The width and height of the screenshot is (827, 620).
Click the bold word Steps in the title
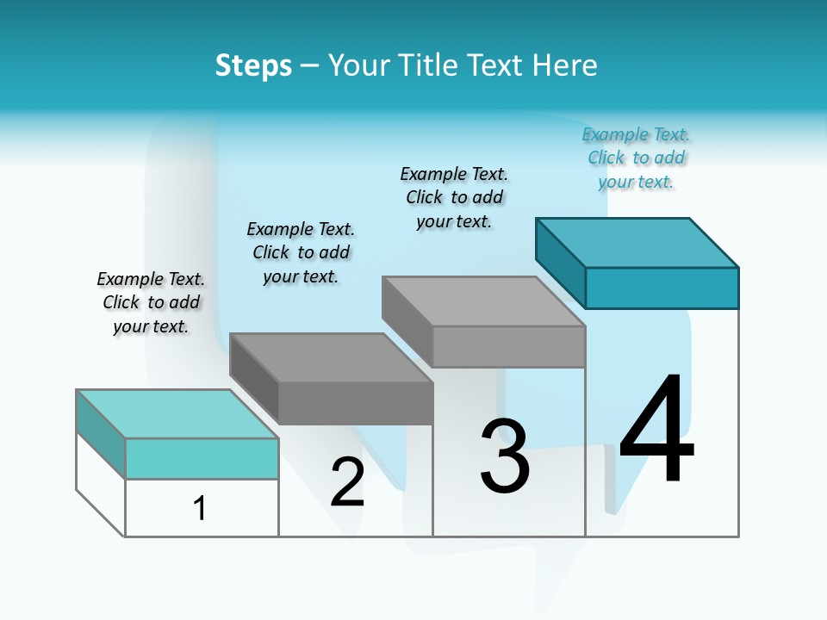pyautogui.click(x=253, y=65)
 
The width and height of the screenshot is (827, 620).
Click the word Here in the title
pyautogui.click(x=565, y=65)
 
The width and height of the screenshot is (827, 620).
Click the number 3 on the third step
pyautogui.click(x=505, y=456)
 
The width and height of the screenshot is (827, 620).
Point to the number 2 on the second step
pyautogui.click(x=347, y=482)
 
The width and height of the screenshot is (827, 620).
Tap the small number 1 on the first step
pyautogui.click(x=200, y=509)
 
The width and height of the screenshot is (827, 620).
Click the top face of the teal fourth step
pyautogui.click(x=637, y=242)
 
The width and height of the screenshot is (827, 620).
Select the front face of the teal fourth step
pyautogui.click(x=662, y=288)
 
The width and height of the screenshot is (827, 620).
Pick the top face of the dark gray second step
pyautogui.click(x=331, y=357)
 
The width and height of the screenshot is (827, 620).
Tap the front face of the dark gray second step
pyautogui.click(x=355, y=403)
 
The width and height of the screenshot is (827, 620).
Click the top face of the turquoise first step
pyautogui.click(x=177, y=413)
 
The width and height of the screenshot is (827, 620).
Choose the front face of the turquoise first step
pyautogui.click(x=202, y=458)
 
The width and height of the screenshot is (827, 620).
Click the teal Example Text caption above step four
pyautogui.click(x=637, y=158)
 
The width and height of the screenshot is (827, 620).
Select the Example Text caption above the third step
pyautogui.click(x=455, y=197)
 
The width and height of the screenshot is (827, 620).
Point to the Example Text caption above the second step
pyautogui.click(x=301, y=252)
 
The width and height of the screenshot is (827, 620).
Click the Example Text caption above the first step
pyautogui.click(x=151, y=302)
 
